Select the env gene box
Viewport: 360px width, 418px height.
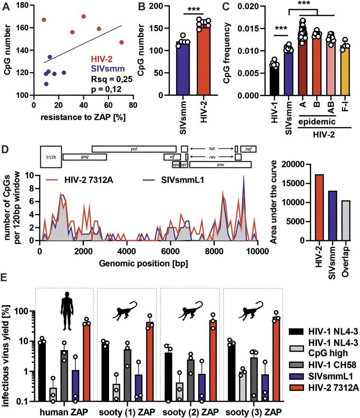tap(220, 165)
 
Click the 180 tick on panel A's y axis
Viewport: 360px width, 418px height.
tap(22, 6)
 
